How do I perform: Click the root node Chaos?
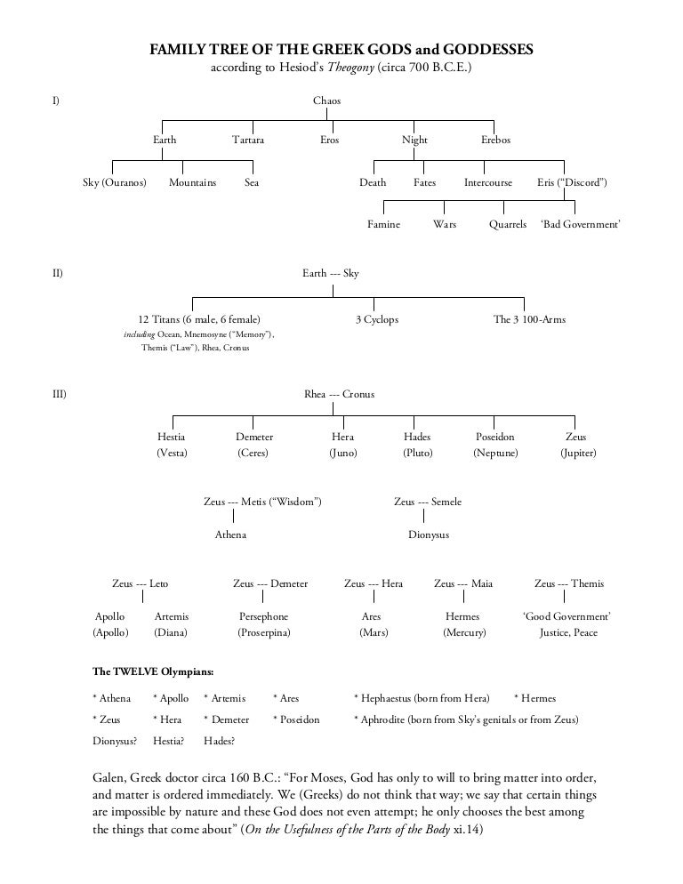(326, 100)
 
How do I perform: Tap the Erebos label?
(495, 141)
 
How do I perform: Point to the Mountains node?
(192, 182)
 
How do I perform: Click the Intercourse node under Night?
(488, 182)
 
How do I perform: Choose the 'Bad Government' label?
(580, 225)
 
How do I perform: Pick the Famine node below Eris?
(383, 225)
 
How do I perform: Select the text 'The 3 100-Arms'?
(529, 319)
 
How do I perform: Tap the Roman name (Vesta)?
(172, 453)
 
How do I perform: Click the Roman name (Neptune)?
(495, 453)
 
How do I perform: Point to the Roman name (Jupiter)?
(577, 453)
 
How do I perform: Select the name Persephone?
(263, 616)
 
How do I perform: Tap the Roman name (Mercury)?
(464, 633)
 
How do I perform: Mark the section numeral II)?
(57, 273)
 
